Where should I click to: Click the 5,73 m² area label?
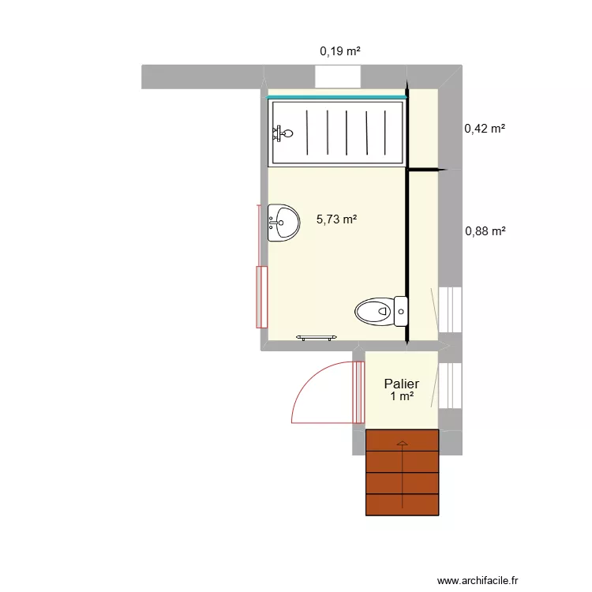pos(336,220)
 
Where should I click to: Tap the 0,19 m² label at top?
pos(339,51)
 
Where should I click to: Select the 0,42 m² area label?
pos(485,128)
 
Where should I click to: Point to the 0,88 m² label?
pos(485,231)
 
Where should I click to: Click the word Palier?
pos(402,384)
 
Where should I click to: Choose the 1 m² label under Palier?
pos(402,396)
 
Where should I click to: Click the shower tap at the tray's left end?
pos(281,133)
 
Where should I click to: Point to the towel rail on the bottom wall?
pos(317,338)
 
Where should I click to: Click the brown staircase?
pos(402,472)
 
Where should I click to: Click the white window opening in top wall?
pos(338,77)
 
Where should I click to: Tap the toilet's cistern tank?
pos(401,311)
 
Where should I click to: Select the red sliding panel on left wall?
pos(261,297)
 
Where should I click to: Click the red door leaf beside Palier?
pos(360,391)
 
